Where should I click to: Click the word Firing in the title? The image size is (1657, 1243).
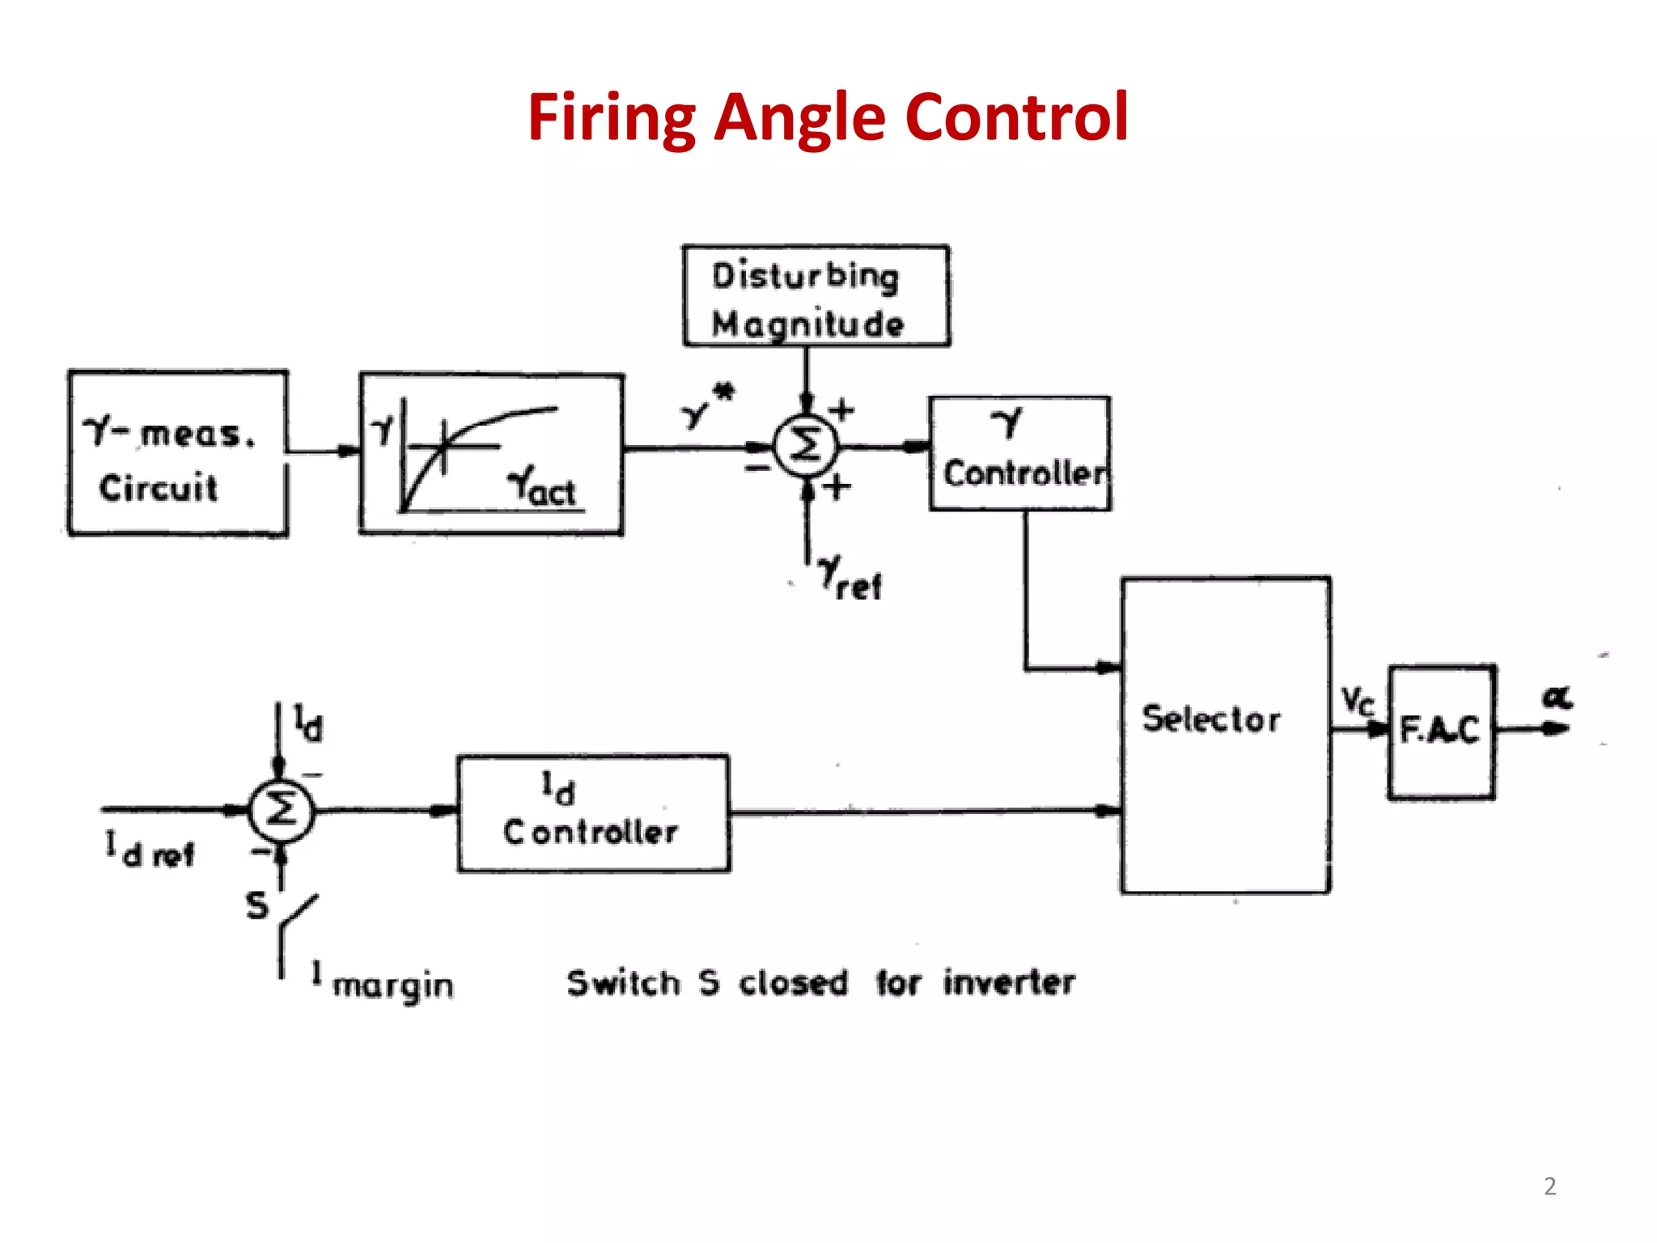point(611,117)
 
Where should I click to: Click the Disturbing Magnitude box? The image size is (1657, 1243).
point(816,297)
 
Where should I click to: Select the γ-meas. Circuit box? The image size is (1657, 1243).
point(178,453)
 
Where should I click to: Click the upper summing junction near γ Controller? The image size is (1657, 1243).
point(805,446)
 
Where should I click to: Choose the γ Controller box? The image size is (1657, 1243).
point(1019,453)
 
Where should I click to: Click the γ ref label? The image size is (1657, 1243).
point(850,579)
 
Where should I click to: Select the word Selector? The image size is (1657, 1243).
point(1211,719)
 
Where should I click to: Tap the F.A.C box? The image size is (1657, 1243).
point(1442,731)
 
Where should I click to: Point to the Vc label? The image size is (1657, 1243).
point(1358,701)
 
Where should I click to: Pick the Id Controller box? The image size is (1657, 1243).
point(592,813)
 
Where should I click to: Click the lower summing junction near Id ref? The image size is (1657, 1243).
point(280,809)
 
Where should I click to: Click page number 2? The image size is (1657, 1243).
point(1549,1186)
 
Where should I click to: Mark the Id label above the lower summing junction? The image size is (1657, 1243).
point(307,723)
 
